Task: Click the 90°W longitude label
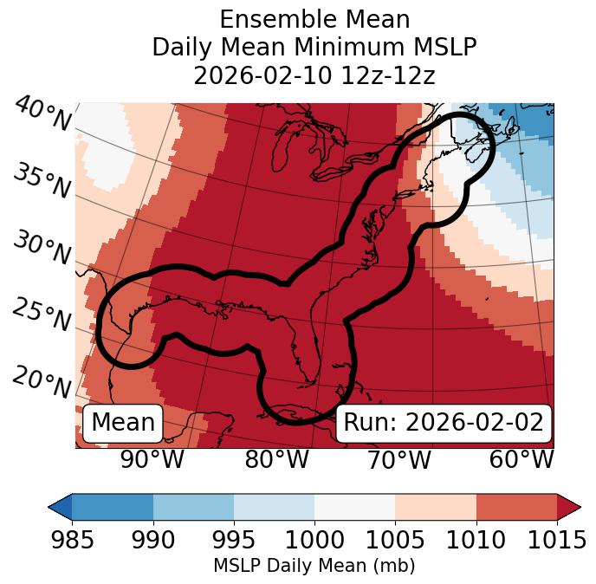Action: (x=152, y=459)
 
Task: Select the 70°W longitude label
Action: (x=399, y=459)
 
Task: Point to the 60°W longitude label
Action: (x=521, y=459)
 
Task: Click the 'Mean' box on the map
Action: (x=123, y=423)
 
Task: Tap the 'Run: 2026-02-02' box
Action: (x=444, y=423)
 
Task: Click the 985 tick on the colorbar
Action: (x=72, y=540)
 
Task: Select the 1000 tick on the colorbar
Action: (x=314, y=540)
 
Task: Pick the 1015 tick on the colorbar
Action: (x=557, y=540)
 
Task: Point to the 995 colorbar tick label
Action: (x=234, y=540)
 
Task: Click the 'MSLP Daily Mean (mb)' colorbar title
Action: (x=314, y=567)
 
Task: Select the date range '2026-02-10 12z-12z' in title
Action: (x=314, y=75)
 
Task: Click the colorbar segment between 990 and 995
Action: (x=193, y=507)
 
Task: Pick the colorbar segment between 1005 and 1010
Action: (x=436, y=507)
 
